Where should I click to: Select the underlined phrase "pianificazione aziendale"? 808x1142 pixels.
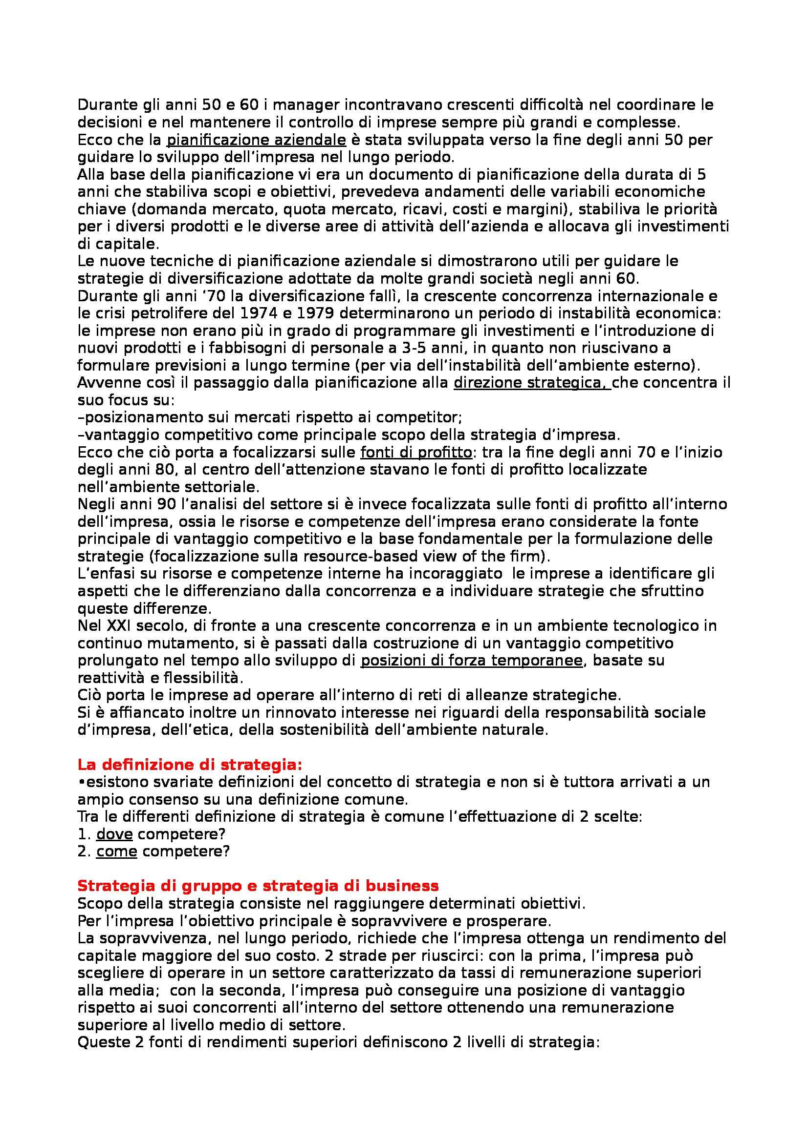(x=256, y=140)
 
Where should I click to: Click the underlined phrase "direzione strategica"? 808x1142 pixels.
(x=531, y=383)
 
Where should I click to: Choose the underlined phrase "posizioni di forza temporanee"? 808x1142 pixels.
(x=471, y=661)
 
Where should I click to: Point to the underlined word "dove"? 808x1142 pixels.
(x=111, y=834)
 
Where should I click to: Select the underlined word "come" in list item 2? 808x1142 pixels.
(x=116, y=851)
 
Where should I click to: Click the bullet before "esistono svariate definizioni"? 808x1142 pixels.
(x=81, y=782)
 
